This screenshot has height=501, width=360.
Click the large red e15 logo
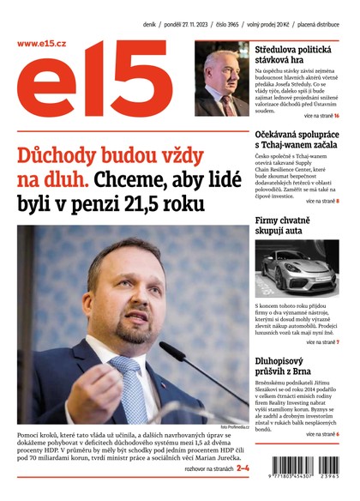click(x=103, y=86)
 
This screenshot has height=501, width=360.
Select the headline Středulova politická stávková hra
click(x=297, y=57)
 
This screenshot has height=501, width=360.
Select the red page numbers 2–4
click(x=243, y=468)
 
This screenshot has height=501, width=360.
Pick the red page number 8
click(x=338, y=201)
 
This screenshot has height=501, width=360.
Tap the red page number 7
click(x=338, y=342)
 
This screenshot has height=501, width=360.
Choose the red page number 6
click(x=338, y=435)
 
